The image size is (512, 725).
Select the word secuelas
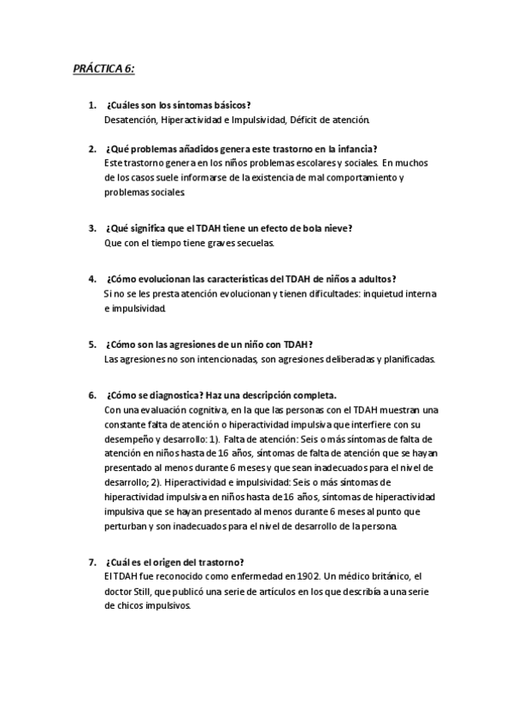tap(254, 243)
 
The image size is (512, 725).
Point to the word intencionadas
tap(222, 359)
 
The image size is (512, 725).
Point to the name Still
tap(147, 592)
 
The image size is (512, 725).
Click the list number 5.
tap(91, 345)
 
